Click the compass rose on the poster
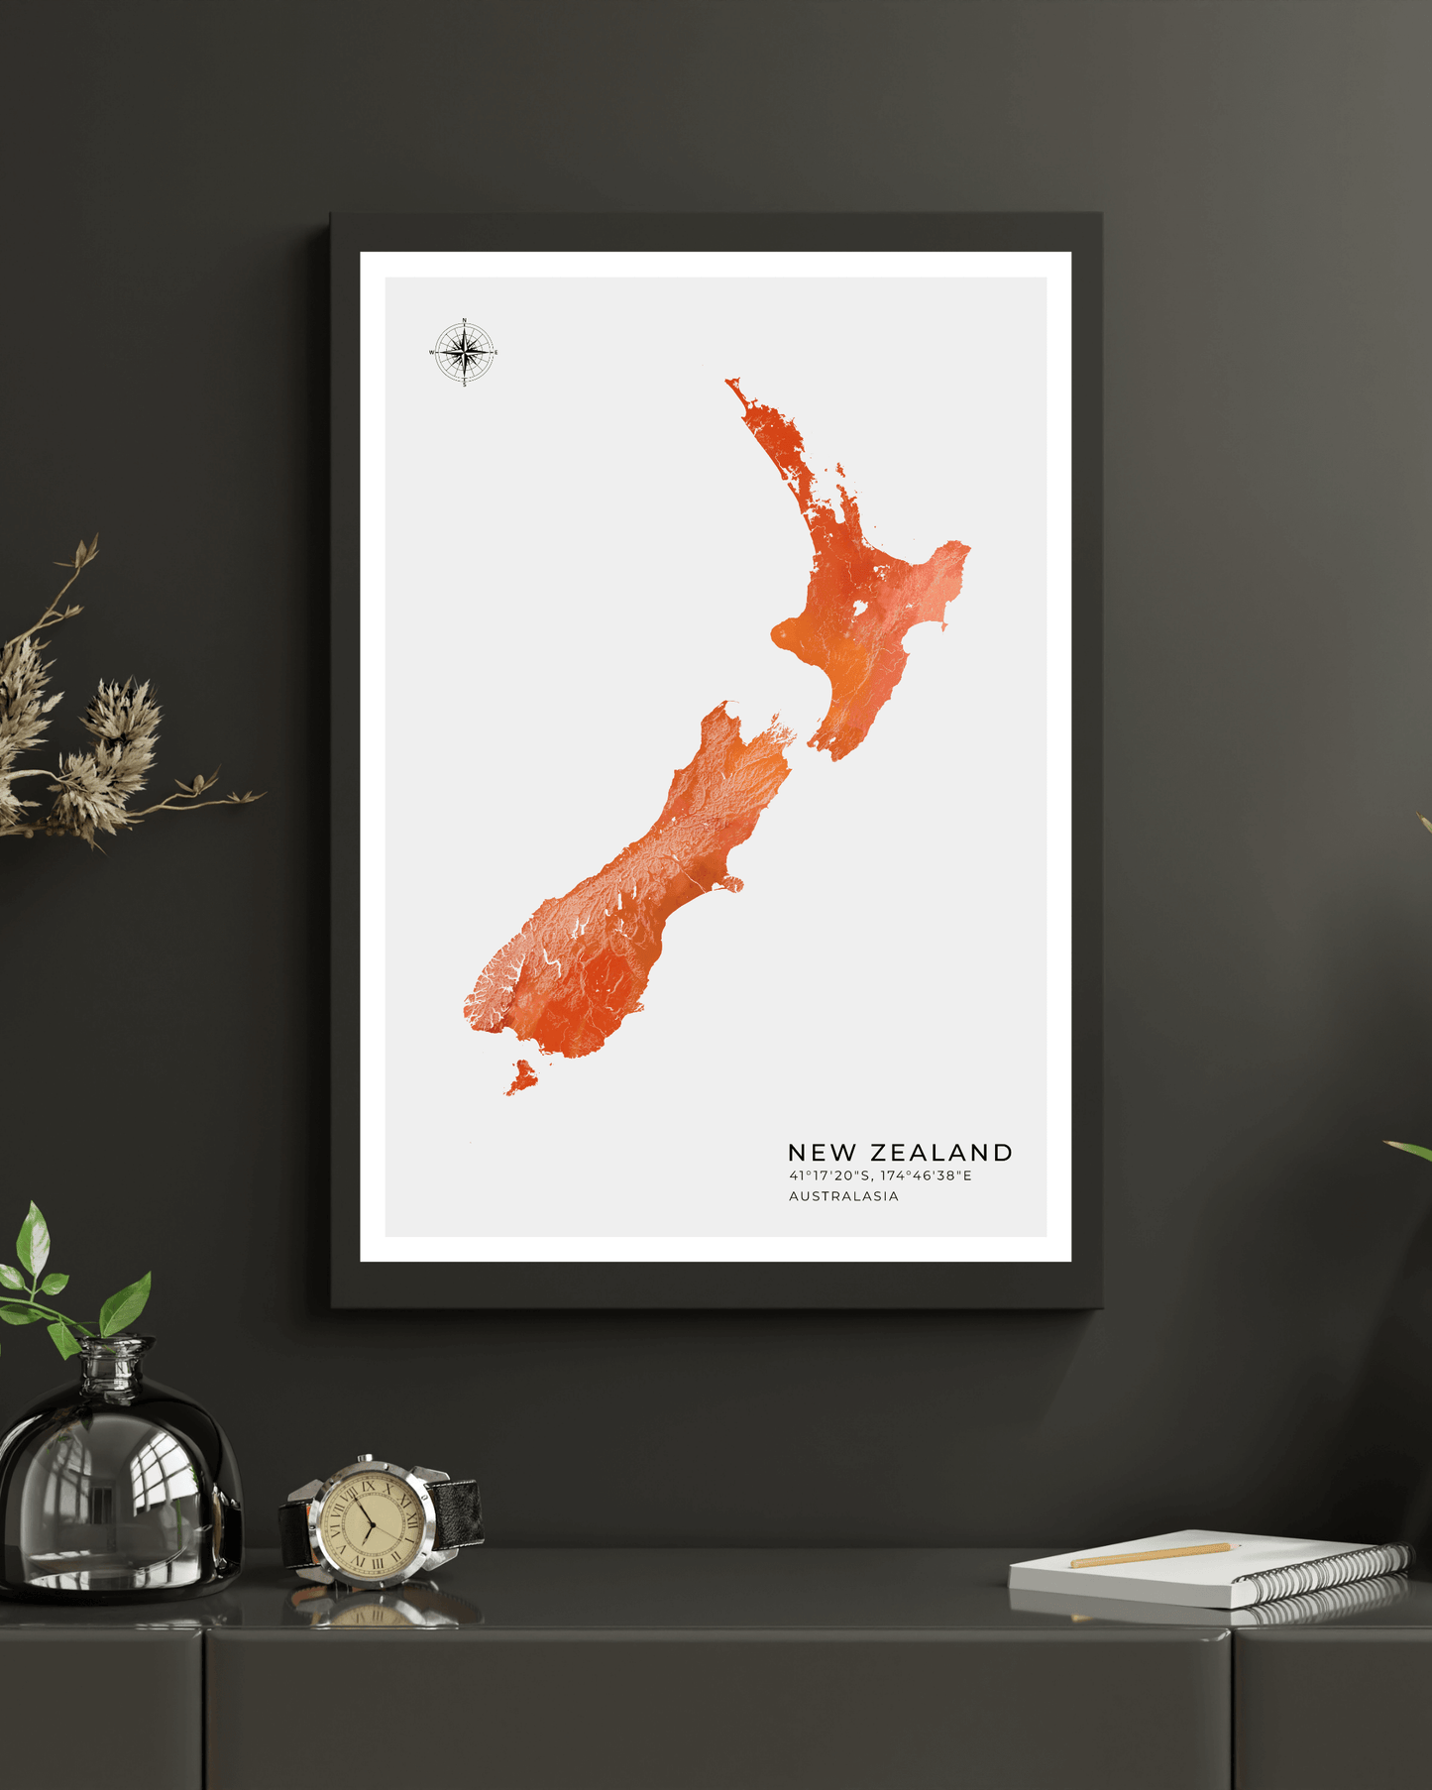click(464, 352)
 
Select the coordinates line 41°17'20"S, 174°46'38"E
click(880, 1176)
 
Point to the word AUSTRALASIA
click(843, 1196)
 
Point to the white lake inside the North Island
click(859, 608)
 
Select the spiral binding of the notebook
click(1328, 1571)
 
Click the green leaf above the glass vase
click(126, 1303)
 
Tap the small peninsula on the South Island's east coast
click(732, 883)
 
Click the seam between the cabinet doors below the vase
click(203, 1705)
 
